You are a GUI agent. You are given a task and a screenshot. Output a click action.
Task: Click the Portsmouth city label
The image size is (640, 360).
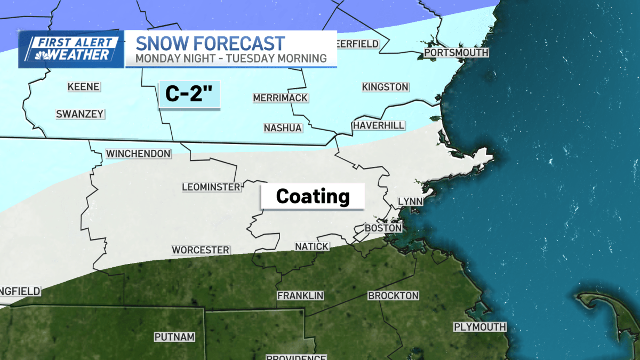(x=456, y=53)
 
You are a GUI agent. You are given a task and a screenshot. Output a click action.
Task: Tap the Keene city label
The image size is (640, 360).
(x=84, y=86)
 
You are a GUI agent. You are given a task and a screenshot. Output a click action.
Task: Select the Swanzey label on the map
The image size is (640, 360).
(x=80, y=114)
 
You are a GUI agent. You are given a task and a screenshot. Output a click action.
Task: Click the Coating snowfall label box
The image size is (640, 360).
(x=313, y=197)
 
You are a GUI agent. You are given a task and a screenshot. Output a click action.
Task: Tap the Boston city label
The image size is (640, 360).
(x=383, y=228)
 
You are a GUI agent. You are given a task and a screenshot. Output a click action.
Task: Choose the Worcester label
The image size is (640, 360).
(x=201, y=250)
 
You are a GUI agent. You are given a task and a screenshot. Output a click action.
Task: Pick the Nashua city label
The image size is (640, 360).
(x=283, y=128)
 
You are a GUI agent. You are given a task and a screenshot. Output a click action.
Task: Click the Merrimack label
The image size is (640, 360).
(x=280, y=98)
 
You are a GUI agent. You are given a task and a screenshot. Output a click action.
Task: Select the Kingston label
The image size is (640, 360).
(x=385, y=86)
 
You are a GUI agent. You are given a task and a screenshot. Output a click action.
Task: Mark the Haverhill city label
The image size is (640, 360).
(x=378, y=125)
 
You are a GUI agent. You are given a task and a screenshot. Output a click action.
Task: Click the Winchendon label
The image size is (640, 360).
(x=138, y=154)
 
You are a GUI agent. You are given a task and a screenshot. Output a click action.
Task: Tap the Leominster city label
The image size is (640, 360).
(x=211, y=187)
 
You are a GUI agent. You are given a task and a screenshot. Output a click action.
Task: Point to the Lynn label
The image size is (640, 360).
(x=410, y=201)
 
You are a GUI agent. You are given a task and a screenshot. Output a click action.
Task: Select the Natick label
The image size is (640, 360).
(x=312, y=246)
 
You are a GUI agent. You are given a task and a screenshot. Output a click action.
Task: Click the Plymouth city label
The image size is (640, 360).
(x=479, y=326)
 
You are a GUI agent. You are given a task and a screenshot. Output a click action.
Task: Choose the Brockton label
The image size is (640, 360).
(x=394, y=295)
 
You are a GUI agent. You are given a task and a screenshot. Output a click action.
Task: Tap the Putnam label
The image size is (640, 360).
(x=174, y=337)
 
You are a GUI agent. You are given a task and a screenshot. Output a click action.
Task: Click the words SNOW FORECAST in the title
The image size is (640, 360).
(x=210, y=43)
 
